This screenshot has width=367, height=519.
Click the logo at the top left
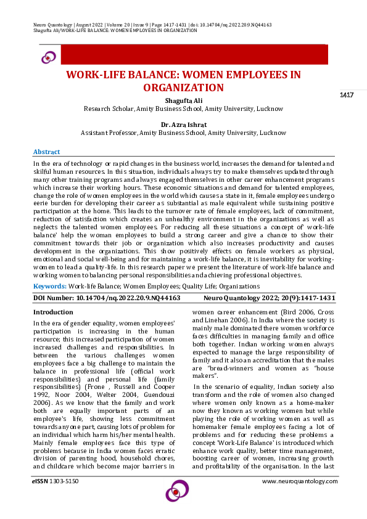tap(48, 57)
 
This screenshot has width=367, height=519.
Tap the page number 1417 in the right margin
tap(346, 94)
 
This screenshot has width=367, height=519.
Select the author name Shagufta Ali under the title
tap(183, 100)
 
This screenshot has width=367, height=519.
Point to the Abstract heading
tap(46, 152)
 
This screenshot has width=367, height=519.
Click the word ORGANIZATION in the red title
tap(183, 88)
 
